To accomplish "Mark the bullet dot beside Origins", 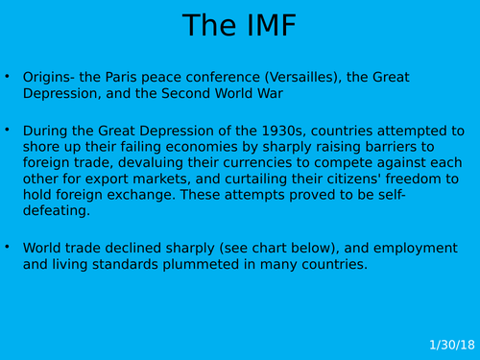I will coord(8,76).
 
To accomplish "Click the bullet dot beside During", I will coord(8,130).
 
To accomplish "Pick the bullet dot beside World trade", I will coord(8,247).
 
